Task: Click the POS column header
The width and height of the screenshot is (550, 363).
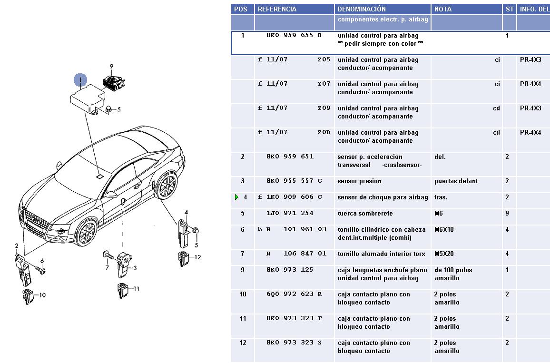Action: (x=241, y=9)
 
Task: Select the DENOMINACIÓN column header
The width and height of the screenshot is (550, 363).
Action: (x=362, y=9)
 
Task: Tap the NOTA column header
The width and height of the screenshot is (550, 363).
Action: (x=443, y=9)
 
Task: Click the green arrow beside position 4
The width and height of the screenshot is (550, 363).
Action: (x=237, y=197)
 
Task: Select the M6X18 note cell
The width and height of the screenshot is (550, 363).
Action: (x=444, y=229)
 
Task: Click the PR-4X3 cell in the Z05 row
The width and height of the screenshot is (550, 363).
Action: (x=530, y=60)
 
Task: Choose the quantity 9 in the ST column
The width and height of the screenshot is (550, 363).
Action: (x=507, y=214)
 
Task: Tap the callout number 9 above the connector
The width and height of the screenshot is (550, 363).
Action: (x=111, y=67)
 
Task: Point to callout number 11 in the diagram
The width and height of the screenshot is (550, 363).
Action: (x=137, y=288)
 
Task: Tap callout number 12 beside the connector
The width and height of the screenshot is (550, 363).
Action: (x=197, y=257)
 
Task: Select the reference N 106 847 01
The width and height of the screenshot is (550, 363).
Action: (x=296, y=254)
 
